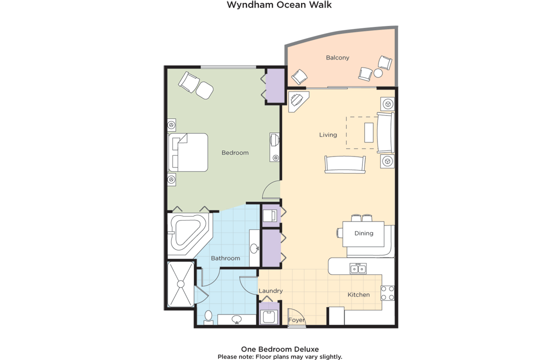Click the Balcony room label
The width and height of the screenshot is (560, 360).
tap(337, 58)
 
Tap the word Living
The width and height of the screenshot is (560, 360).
tap(328, 135)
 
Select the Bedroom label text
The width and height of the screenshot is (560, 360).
tap(235, 153)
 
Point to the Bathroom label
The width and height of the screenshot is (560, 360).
tap(225, 258)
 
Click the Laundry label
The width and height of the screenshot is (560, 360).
tap(270, 291)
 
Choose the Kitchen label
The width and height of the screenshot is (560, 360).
tap(358, 294)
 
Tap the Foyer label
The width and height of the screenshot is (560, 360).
tap(296, 320)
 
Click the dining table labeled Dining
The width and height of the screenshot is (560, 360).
tap(363, 234)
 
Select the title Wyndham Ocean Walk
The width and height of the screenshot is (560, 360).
tap(279, 5)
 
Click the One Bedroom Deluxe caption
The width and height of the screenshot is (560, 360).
tap(280, 349)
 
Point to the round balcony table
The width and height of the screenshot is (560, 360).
tap(378, 73)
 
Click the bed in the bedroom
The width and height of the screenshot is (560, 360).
tap(188, 152)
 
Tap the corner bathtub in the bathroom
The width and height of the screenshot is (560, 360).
tap(188, 234)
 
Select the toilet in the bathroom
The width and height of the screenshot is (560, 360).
tap(208, 317)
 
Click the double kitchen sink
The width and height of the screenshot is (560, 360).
tap(358, 268)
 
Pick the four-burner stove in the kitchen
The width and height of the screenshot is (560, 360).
tap(387, 293)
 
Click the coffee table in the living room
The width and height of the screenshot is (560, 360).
tap(369, 132)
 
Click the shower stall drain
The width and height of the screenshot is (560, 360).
tap(180, 284)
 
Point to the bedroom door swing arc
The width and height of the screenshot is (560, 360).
tap(268, 186)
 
